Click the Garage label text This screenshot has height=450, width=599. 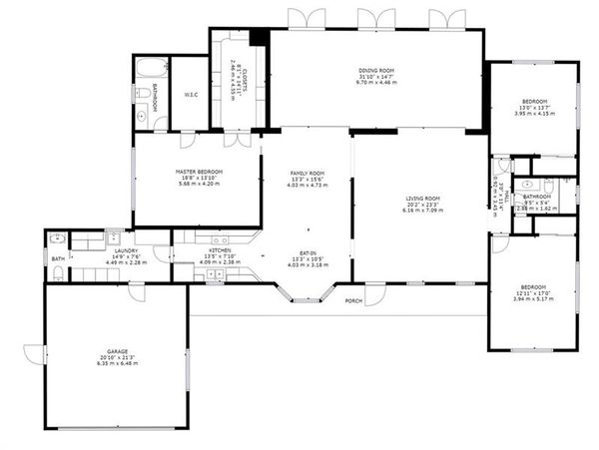pyautogui.click(x=118, y=351)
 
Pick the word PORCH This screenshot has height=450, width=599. pyautogui.click(x=353, y=300)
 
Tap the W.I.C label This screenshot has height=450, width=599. pyautogui.click(x=190, y=95)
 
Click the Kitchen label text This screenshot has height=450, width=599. pyautogui.click(x=220, y=251)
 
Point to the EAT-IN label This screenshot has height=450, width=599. pyautogui.click(x=307, y=252)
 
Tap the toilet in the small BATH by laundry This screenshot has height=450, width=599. pyautogui.click(x=57, y=271)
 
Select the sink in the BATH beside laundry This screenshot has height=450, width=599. pyautogui.click(x=57, y=239)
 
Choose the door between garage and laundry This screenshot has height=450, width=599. pyautogui.click(x=137, y=291)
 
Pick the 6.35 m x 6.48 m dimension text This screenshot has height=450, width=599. pyautogui.click(x=118, y=363)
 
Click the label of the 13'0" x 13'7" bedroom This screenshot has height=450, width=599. pyautogui.click(x=533, y=102)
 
